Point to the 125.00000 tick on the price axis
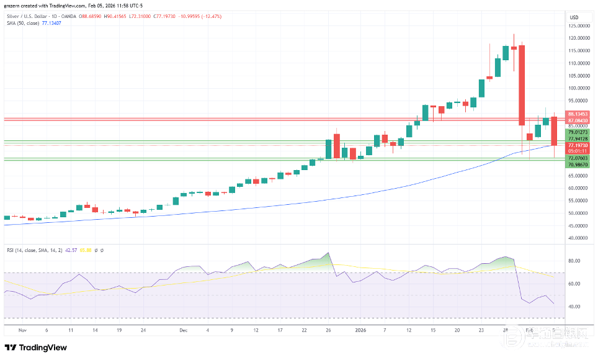click(581, 26)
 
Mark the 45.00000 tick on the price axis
click(581, 225)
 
